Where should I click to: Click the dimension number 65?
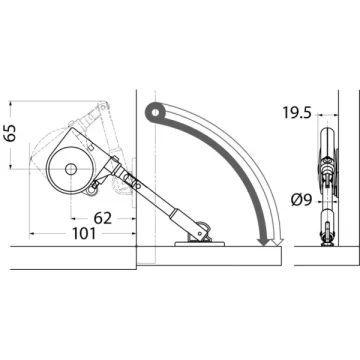coord(11,133)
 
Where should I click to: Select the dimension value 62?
coord(103,219)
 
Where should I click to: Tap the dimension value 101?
coord(84,234)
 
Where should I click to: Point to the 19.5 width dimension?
coord(297,113)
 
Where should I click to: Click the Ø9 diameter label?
coord(301,200)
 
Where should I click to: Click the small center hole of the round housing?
coord(71,169)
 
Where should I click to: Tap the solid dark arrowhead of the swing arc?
coord(264,242)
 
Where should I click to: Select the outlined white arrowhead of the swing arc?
coord(278,242)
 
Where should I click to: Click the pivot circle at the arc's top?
coord(155,112)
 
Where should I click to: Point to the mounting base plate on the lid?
coord(200,244)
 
